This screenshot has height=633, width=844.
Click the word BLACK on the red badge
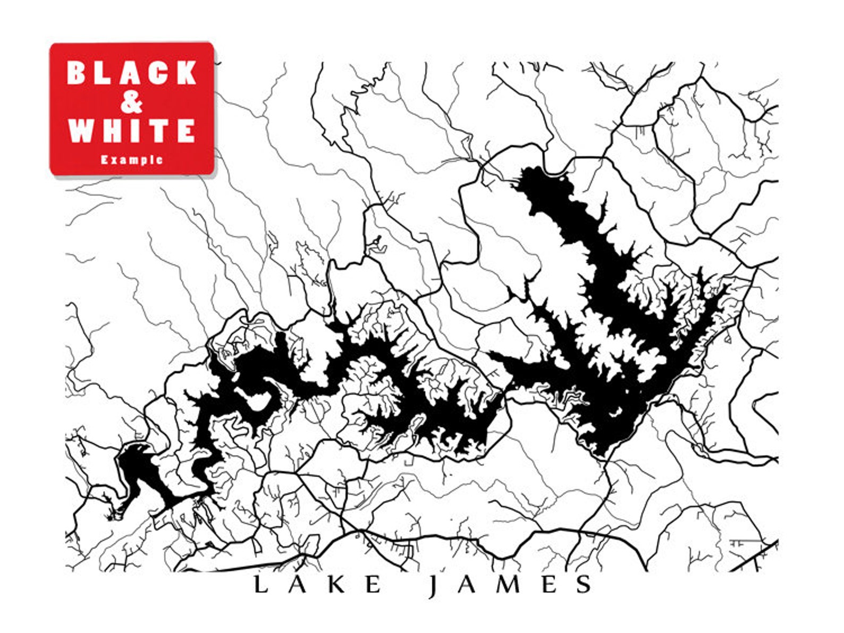[x=132, y=73]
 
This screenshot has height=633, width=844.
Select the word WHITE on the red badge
[x=132, y=130]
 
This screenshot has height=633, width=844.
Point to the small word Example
[x=132, y=159]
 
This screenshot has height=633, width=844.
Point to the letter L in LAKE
[x=260, y=584]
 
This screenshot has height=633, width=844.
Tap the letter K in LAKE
[x=336, y=584]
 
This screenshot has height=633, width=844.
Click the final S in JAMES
[x=584, y=584]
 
